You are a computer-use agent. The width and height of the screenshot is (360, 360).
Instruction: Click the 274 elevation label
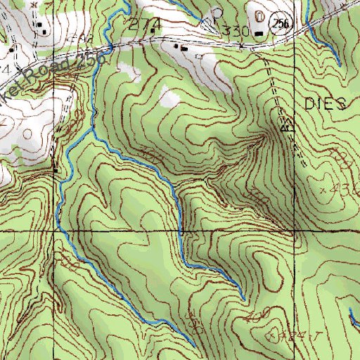[146, 24]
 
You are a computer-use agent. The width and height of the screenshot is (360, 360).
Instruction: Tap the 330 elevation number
[236, 31]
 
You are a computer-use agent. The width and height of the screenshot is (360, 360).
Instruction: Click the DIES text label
[326, 104]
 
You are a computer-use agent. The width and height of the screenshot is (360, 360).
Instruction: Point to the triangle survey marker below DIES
[286, 128]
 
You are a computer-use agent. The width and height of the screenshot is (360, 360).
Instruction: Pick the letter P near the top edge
[218, 12]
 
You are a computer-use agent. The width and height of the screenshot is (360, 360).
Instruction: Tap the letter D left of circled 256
[260, 15]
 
